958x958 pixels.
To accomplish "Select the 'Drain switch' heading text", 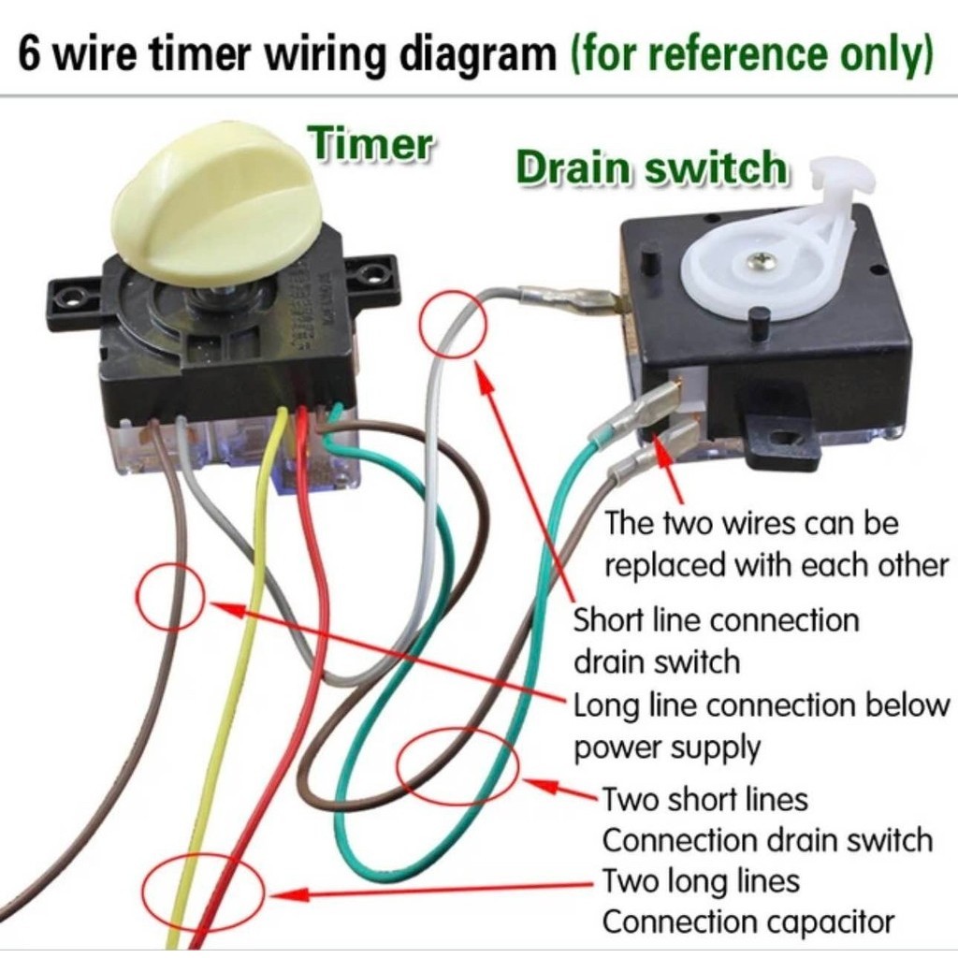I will [x=651, y=168].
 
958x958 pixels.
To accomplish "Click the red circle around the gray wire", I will [x=454, y=323].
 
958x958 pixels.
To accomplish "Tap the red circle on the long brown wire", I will [x=170, y=597].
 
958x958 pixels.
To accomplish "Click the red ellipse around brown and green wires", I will [x=457, y=765].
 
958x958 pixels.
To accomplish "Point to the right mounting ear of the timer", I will [x=374, y=275].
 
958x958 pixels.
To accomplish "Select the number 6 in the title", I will [x=30, y=56].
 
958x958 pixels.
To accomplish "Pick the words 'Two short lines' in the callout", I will [x=704, y=800].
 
